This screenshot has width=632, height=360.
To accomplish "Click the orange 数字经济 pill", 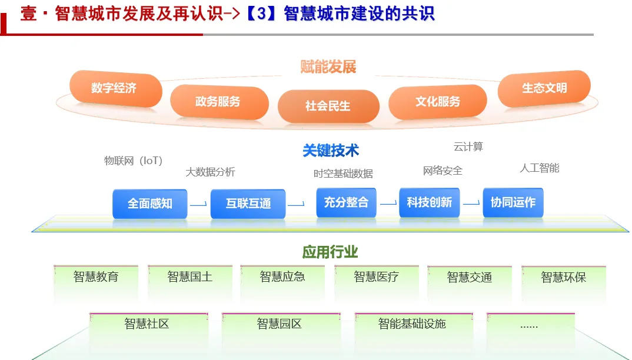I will (x=115, y=89).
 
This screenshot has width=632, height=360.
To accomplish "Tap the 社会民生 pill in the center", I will (x=328, y=106).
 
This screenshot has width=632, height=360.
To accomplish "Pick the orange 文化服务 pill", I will (x=438, y=102).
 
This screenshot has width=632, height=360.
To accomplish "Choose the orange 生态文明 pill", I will (x=544, y=88).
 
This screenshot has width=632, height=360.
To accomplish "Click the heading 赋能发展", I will (x=328, y=67).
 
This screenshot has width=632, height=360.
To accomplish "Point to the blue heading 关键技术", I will (x=331, y=151).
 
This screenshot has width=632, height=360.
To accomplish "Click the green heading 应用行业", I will (x=330, y=252).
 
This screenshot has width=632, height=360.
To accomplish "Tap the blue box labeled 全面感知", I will (x=150, y=204).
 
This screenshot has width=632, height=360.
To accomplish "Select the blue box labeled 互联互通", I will (x=248, y=204).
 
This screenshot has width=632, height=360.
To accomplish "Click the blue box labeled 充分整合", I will (x=346, y=202).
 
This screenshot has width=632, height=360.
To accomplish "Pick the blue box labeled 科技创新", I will (x=430, y=202).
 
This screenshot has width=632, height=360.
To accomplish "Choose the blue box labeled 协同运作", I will (x=513, y=202).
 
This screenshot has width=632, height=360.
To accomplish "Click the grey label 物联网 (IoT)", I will (x=133, y=161).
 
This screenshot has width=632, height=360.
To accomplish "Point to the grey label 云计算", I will (x=468, y=146).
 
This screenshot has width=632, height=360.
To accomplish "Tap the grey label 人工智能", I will (x=539, y=168).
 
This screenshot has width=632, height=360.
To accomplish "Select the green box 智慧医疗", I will (x=377, y=277).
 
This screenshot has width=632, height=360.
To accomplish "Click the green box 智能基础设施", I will (x=413, y=324).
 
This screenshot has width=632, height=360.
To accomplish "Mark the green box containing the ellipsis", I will (x=530, y=325).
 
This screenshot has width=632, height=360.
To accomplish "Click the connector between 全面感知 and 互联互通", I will (x=198, y=205).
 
